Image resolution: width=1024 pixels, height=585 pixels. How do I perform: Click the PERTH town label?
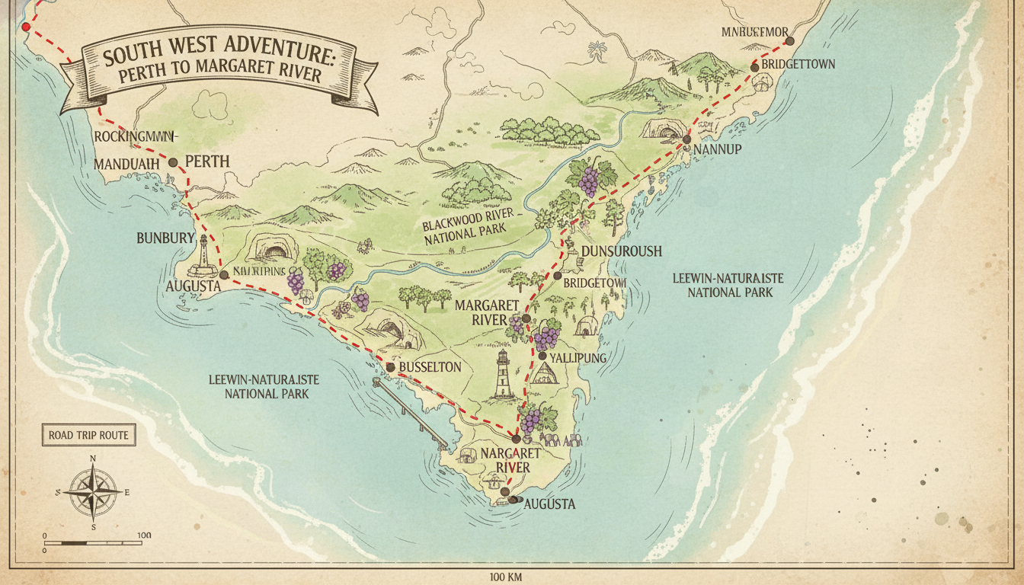pyautogui.click(x=207, y=162)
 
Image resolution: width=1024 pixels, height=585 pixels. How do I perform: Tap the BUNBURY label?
pyautogui.click(x=166, y=238)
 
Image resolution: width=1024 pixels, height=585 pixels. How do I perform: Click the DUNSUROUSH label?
pyautogui.click(x=621, y=251)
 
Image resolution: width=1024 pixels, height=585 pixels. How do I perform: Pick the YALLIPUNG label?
pyautogui.click(x=584, y=357)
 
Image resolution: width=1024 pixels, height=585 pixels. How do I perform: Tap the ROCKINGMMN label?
pyautogui.click(x=135, y=136)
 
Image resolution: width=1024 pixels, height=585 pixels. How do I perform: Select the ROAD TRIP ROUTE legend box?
pyautogui.click(x=88, y=436)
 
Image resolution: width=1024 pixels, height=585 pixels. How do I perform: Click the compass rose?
pyautogui.click(x=93, y=492)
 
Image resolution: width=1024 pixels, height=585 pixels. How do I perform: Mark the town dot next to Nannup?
pyautogui.click(x=686, y=139)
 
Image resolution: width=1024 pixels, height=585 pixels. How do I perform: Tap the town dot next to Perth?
pyautogui.click(x=173, y=162)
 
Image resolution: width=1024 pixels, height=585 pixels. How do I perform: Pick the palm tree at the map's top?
pyautogui.click(x=598, y=50)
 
